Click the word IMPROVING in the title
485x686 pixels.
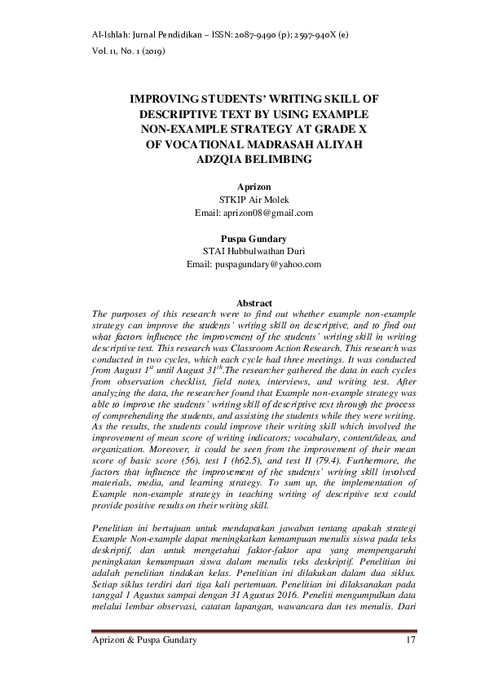click(x=169, y=99)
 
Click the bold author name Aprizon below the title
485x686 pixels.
click(x=254, y=187)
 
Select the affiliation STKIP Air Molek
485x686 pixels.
click(x=254, y=200)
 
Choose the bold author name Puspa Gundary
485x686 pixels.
click(x=254, y=239)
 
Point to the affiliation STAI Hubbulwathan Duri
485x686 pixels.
click(x=254, y=252)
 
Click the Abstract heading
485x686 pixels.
click(x=254, y=303)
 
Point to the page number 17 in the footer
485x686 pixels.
click(x=410, y=641)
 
